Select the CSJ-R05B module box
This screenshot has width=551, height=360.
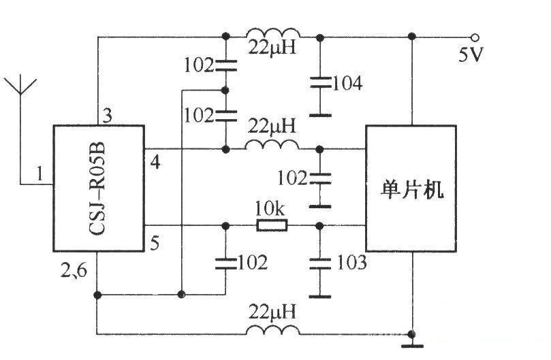[x=99, y=189]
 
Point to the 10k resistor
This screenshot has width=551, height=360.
[x=272, y=225]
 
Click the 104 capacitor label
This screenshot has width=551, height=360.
[x=347, y=84]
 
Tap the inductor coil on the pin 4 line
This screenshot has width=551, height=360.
[x=272, y=145]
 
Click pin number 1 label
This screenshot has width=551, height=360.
[x=40, y=175]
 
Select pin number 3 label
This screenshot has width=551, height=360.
[x=107, y=115]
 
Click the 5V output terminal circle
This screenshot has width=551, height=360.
[x=475, y=37]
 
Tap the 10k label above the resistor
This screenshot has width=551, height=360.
[x=270, y=208]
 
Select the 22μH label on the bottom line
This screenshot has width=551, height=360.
[x=272, y=312]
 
